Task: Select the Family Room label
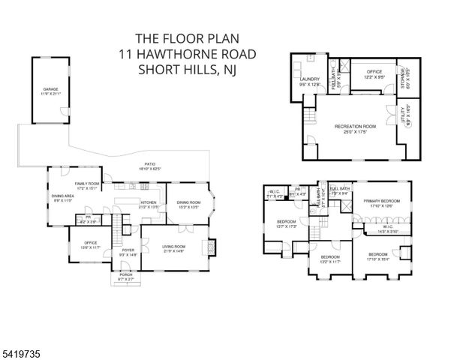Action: click(x=86, y=184)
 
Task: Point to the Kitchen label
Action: click(x=148, y=203)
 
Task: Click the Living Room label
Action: click(x=173, y=247)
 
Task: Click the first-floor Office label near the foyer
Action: click(x=90, y=244)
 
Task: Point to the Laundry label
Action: click(x=310, y=82)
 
